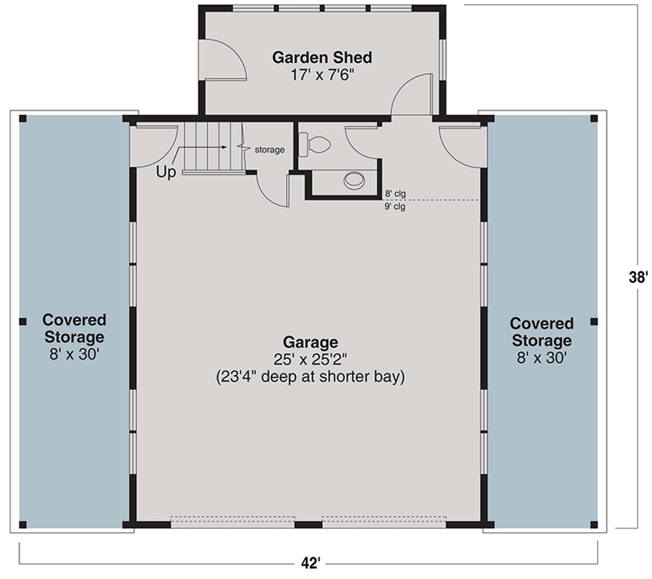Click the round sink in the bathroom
[355, 179]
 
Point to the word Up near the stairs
[166, 173]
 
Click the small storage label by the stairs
[268, 150]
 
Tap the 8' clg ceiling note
[394, 193]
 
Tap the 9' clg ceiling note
[394, 206]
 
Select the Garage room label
[310, 342]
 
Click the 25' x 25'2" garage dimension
[310, 359]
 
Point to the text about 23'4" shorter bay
[310, 377]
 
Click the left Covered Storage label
[74, 328]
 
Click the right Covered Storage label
[541, 331]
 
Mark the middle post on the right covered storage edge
[593, 321]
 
